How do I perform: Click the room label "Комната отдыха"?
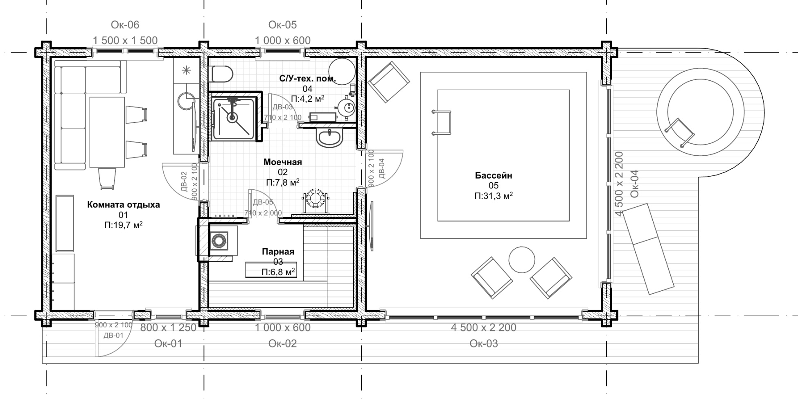pyautogui.click(x=123, y=204)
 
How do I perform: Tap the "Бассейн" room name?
pyautogui.click(x=494, y=175)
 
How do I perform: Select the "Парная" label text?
pyautogui.click(x=278, y=252)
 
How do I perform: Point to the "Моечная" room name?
pyautogui.click(x=282, y=162)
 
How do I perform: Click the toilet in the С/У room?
pyautogui.click(x=221, y=74)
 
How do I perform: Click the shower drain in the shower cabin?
pyautogui.click(x=232, y=118)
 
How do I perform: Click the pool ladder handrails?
pyautogui.click(x=442, y=122)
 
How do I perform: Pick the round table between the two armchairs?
pyautogui.click(x=521, y=259)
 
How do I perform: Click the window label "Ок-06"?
pyautogui.click(x=125, y=25)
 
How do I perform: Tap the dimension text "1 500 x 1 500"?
pyautogui.click(x=125, y=41)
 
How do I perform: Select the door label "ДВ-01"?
pyautogui.click(x=113, y=336)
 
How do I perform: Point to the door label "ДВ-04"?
pyautogui.click(x=381, y=168)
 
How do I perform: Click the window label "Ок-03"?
pyautogui.click(x=483, y=343)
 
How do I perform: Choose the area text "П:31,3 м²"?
pyautogui.click(x=494, y=196)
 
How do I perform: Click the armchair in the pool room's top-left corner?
pyautogui.click(x=389, y=82)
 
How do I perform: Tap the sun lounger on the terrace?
pyautogui.click(x=649, y=249)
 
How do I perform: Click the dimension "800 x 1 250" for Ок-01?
pyautogui.click(x=168, y=328)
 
